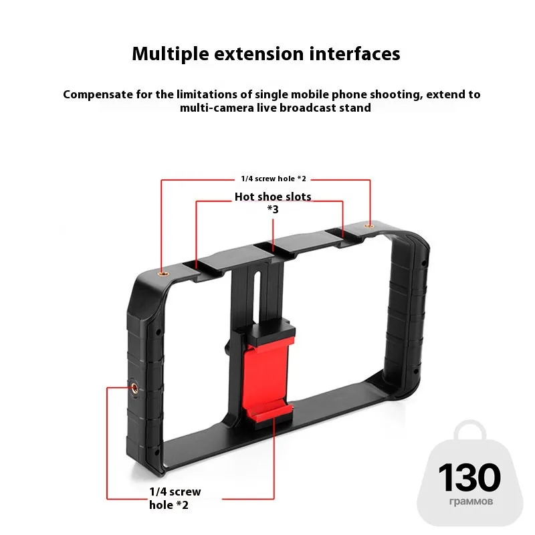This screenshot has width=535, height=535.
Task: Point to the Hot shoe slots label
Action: coord(273,197)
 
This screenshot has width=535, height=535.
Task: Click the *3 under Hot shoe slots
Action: coord(273,209)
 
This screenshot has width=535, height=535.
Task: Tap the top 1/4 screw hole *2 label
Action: coord(273,179)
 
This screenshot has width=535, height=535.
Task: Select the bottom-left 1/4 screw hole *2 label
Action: coord(175,498)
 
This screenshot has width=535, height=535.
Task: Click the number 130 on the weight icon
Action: coord(469,477)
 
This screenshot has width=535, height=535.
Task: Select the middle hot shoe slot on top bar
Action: coord(274,249)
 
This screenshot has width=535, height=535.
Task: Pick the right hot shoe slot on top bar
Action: coord(342,236)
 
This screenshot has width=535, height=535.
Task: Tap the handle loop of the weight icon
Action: coord(470,431)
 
